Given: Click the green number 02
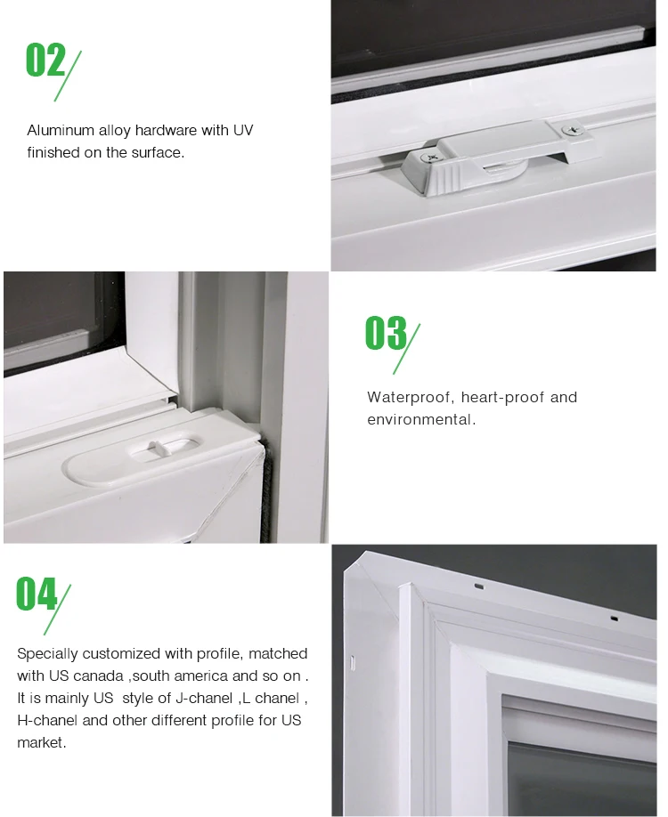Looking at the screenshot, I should click(x=45, y=61).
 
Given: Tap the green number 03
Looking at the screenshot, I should click(x=385, y=333).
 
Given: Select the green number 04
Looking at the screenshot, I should click(x=36, y=595).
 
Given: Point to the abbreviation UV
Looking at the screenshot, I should click(x=243, y=131).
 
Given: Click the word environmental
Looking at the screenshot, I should click(x=420, y=419).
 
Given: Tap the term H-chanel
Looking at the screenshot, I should click(x=45, y=720).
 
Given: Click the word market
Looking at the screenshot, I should click(x=41, y=742).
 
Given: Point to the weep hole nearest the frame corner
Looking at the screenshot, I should click(x=479, y=587).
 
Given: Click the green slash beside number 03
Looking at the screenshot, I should click(x=407, y=348).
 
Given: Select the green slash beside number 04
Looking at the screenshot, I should click(x=62, y=610).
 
